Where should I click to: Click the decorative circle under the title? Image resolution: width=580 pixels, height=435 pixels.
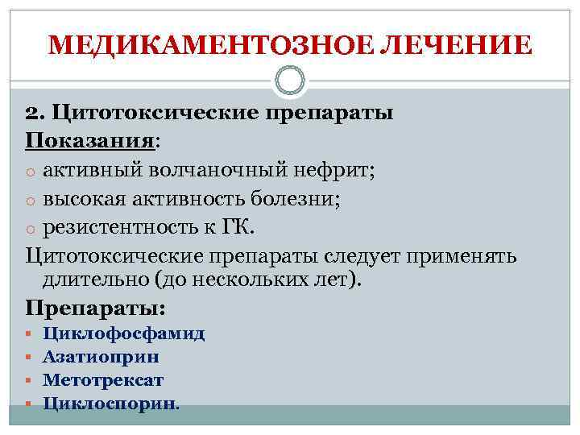pyautogui.click(x=290, y=80)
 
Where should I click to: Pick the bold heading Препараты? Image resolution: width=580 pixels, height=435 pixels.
pyautogui.click(x=96, y=308)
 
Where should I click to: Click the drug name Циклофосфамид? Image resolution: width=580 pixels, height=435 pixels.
pyautogui.click(x=124, y=333)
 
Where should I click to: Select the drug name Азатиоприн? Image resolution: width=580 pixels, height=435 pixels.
pyautogui.click(x=101, y=356)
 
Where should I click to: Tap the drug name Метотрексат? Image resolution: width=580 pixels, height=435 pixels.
pyautogui.click(x=103, y=379)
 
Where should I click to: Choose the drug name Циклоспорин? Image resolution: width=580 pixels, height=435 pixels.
pyautogui.click(x=110, y=402)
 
